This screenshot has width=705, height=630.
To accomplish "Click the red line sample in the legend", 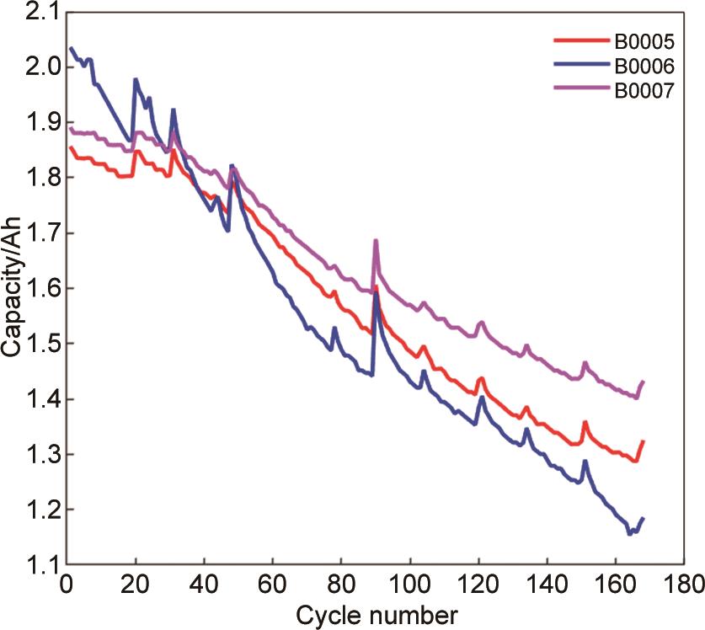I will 579,39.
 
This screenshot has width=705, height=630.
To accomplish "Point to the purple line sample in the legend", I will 579,90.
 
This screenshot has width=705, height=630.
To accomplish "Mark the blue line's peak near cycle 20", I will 136,80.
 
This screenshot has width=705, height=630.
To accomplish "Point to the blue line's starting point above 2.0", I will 71,48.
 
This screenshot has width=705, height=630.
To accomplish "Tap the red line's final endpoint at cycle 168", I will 643,441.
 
